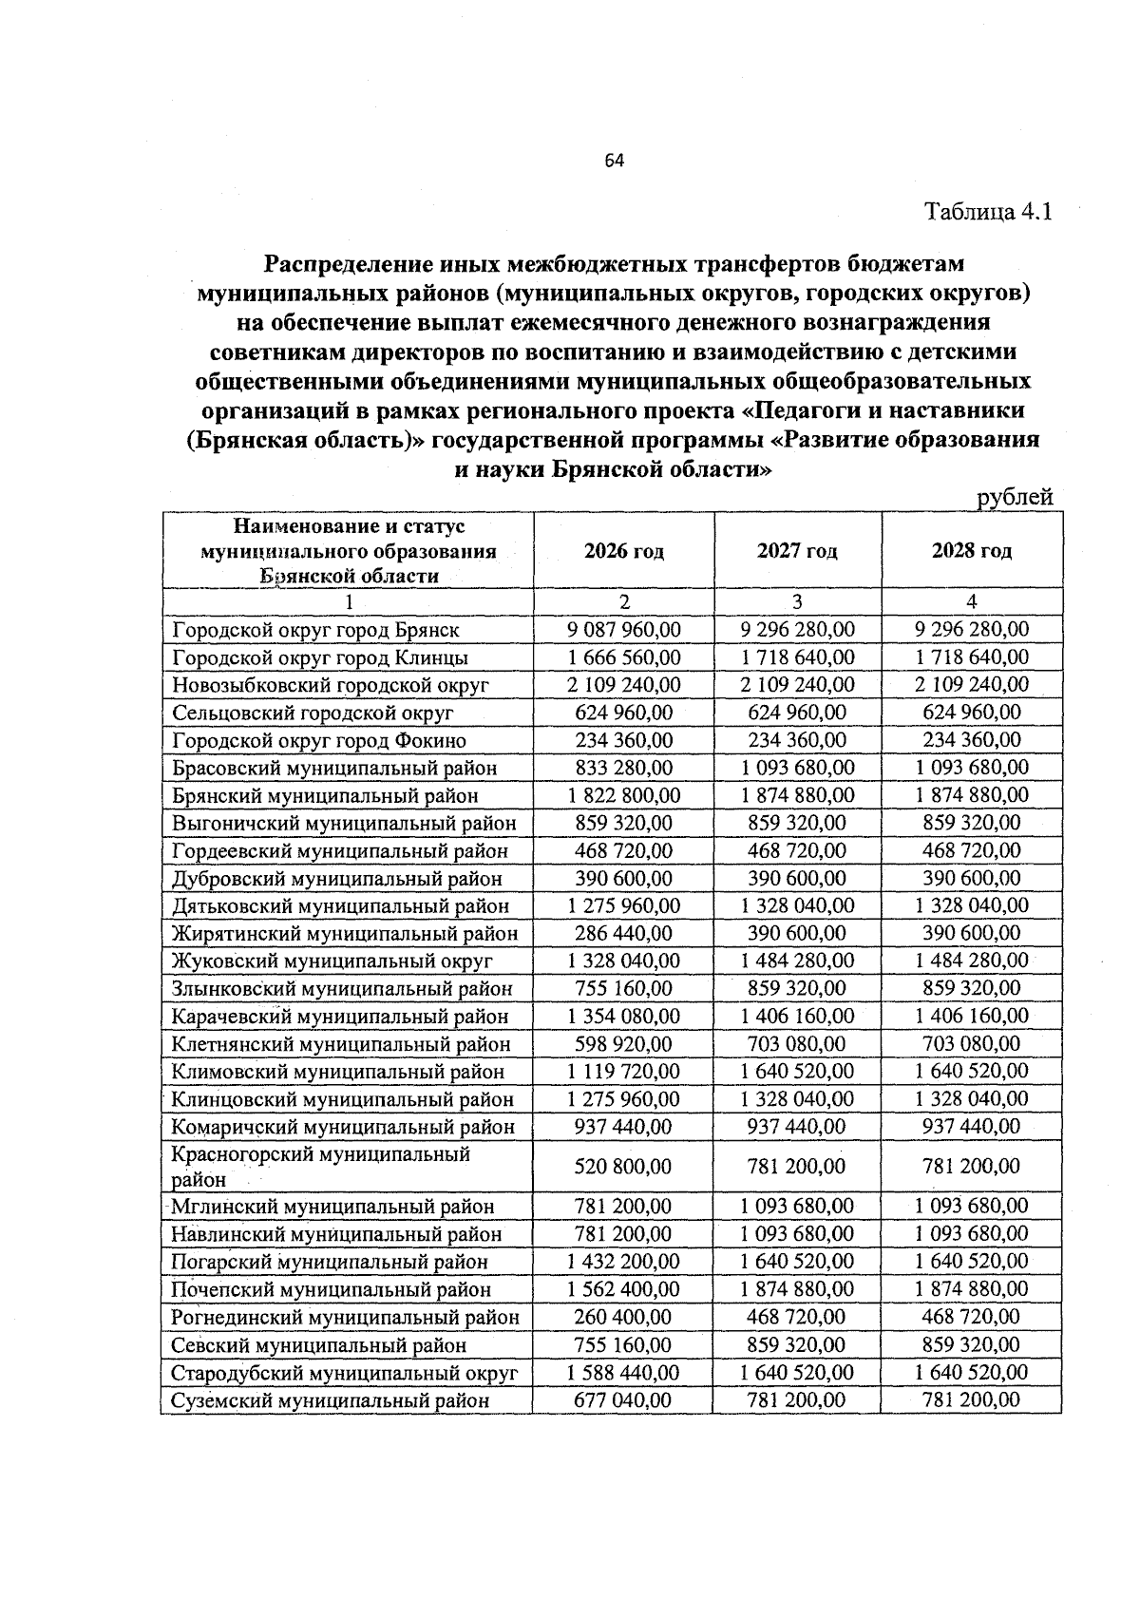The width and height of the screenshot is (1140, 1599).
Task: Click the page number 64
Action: coord(614,161)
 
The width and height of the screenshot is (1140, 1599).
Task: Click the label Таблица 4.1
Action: coord(989,211)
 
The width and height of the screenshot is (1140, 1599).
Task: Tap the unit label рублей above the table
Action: coord(1016,496)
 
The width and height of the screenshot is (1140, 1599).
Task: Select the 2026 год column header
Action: coord(623,551)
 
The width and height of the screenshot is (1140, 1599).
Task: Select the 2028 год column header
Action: coord(971,551)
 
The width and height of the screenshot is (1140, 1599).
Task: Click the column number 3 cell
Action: coord(797,601)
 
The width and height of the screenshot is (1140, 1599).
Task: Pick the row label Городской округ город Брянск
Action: coord(315,630)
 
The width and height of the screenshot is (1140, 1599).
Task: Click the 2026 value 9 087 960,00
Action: coord(623,629)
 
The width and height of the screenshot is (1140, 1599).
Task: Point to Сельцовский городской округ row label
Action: coord(313,713)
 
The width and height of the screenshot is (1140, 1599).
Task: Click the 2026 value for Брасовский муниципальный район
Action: coord(623,767)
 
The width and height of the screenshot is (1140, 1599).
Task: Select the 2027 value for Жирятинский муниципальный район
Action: coord(797,933)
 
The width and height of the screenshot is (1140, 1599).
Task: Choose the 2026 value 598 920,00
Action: coord(623,1043)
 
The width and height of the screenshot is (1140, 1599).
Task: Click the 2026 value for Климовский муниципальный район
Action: coord(623,1071)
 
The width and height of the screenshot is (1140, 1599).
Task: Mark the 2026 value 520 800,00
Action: coord(623,1166)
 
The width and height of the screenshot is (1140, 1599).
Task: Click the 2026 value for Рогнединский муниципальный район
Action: coord(623,1317)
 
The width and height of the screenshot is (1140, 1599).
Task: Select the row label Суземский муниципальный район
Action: coord(331,1400)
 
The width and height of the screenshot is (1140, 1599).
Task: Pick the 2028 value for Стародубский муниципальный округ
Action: coord(971,1372)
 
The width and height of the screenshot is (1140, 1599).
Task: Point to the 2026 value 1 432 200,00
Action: coord(623,1261)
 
